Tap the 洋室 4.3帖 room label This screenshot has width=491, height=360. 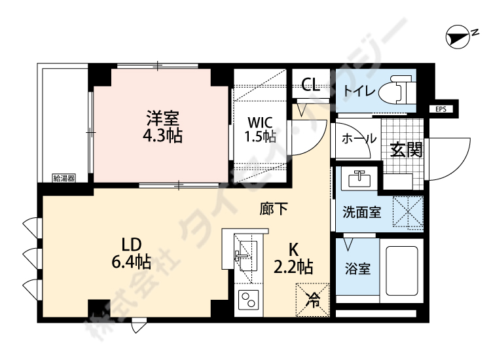[163, 127]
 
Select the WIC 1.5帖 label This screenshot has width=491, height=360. [260, 129]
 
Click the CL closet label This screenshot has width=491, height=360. [310, 84]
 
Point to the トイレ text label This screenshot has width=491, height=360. [359, 91]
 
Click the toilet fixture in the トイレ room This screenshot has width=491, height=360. [400, 90]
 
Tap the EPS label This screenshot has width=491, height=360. [440, 109]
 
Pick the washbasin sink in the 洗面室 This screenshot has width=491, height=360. [357, 179]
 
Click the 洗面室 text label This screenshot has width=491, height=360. [363, 213]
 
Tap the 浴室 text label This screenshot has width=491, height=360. [358, 269]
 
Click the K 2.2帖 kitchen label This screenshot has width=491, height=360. [293, 259]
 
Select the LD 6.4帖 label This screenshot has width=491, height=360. [130, 253]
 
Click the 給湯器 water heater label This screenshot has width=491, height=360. [64, 177]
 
